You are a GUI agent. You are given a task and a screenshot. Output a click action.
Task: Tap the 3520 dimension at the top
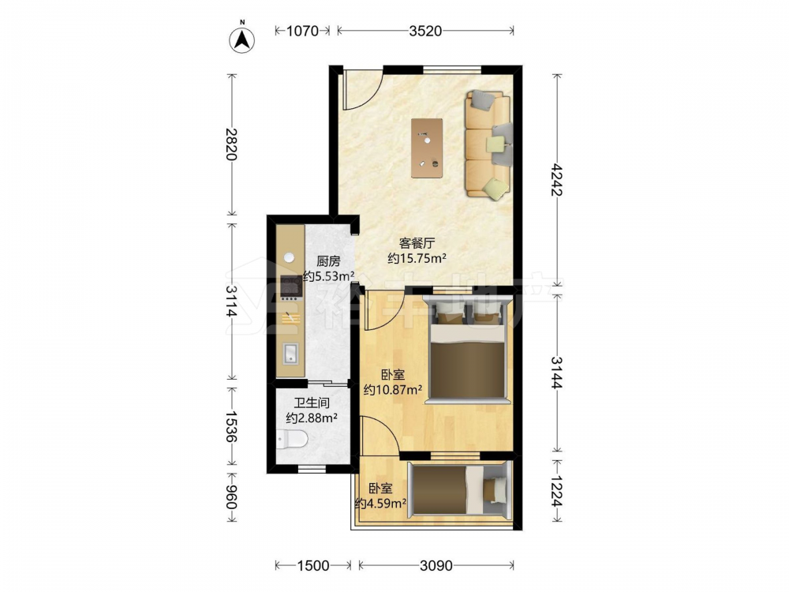[425, 31]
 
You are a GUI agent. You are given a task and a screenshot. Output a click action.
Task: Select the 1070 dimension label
[302, 31]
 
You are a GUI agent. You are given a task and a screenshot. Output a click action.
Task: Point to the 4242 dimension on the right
[556, 180]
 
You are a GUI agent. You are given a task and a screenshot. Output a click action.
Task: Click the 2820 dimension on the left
[231, 144]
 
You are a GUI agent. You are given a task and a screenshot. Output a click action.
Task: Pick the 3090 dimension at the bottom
[436, 566]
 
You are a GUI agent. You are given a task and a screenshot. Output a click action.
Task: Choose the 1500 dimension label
[313, 566]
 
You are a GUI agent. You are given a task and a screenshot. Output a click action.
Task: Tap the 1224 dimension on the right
[556, 491]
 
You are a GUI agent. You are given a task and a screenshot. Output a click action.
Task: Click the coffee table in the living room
[427, 148]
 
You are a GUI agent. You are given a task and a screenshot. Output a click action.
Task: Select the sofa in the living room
[488, 144]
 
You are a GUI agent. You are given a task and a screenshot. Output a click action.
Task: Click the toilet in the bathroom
[292, 440]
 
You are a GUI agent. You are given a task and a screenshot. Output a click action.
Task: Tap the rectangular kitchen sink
[290, 354]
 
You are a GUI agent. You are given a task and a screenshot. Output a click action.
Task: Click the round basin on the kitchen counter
[290, 257]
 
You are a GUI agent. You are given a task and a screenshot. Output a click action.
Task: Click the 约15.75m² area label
[417, 259]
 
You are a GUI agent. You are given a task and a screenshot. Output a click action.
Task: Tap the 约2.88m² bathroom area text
[312, 418]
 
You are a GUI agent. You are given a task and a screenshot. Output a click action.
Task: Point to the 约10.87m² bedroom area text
[393, 390]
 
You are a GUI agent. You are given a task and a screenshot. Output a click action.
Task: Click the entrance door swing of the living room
[363, 91]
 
